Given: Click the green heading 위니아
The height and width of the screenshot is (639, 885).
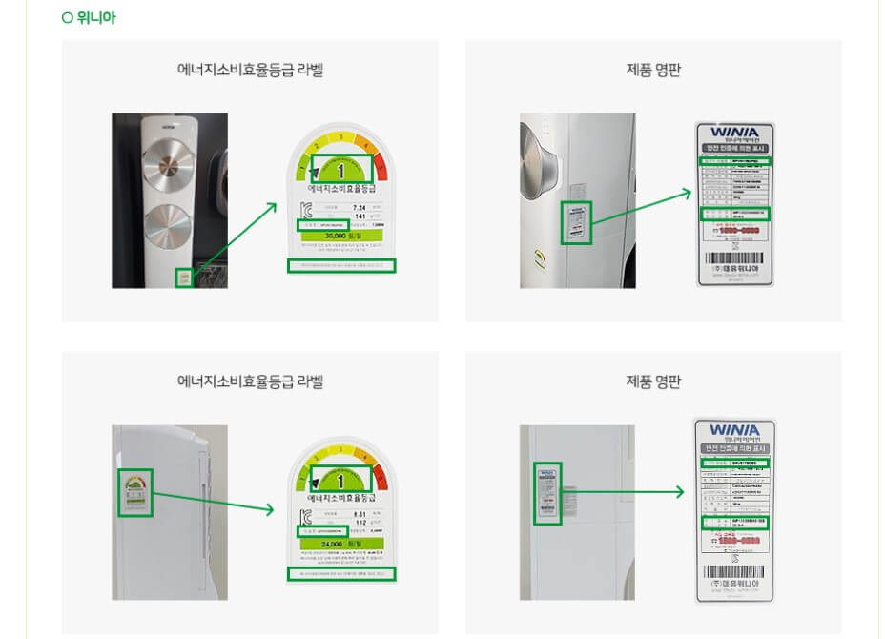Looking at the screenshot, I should pos(94,18).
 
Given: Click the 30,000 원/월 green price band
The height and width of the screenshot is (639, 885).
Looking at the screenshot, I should pos(340,236).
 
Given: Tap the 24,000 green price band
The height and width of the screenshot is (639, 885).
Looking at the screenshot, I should pos(340,544).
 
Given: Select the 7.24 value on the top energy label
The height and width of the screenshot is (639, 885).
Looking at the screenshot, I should pos(359,207).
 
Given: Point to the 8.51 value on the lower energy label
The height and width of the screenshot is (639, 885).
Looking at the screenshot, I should pos(359,515).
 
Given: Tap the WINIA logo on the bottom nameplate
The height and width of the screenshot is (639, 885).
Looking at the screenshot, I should pos(734,431).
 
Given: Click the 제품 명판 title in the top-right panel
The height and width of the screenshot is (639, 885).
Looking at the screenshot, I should pos(653,70).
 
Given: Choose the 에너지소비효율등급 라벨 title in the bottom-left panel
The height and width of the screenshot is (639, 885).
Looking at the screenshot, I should pos(250,381).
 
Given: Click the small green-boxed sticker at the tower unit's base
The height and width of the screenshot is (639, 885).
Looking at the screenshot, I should pos(183,278).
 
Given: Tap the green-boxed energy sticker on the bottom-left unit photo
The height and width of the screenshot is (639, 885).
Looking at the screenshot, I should pos(135,492).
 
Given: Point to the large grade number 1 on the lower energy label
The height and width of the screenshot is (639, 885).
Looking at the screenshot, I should pos(340,481).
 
